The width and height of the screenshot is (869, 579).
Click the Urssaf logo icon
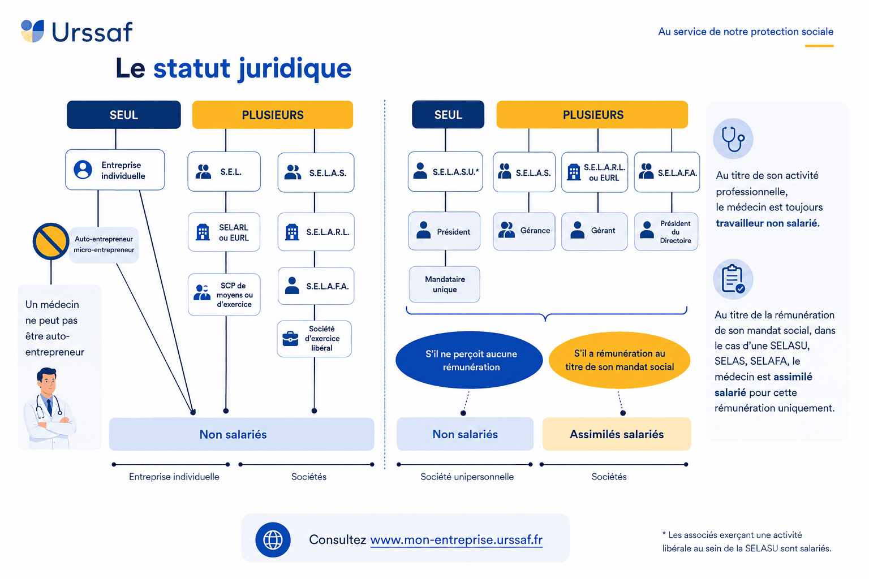[32, 31]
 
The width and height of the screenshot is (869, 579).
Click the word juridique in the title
[295, 68]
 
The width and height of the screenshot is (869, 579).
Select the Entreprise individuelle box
[115, 170]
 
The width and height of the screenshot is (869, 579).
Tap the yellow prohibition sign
[51, 241]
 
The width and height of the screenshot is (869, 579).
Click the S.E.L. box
[224, 171]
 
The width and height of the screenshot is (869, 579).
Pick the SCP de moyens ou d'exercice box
[224, 295]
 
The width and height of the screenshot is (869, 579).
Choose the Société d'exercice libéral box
[314, 339]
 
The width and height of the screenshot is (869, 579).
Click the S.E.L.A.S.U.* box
[445, 171]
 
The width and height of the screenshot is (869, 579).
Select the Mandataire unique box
[445, 284]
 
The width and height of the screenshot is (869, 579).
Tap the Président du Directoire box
[666, 231]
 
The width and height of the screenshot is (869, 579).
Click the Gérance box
[524, 231]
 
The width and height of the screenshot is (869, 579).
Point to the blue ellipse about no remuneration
[470, 360]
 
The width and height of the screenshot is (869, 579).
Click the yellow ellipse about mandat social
[620, 360]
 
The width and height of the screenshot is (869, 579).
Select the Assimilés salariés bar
[617, 434]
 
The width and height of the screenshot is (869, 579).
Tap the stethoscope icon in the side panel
[733, 139]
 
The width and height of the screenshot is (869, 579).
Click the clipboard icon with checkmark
[733, 279]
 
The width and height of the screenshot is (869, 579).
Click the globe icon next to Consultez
[273, 539]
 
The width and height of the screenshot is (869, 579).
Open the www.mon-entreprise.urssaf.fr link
[457, 540]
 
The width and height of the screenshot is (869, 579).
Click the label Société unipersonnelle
[467, 477]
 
